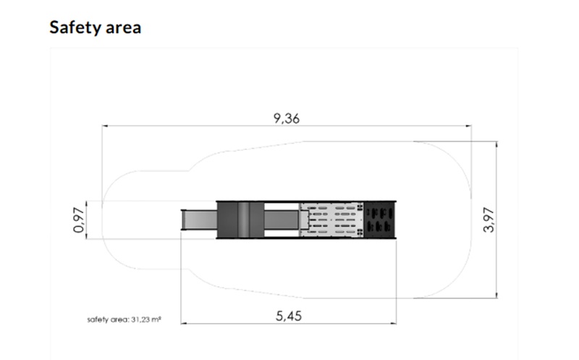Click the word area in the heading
point(123,28)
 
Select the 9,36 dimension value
point(286,118)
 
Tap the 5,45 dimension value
point(288,316)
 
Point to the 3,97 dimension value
point(489,220)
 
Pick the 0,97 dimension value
point(79,220)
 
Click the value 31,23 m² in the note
point(146,319)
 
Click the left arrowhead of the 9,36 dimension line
point(105,126)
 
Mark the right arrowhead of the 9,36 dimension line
point(468,126)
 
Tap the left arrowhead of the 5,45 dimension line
point(184,323)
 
